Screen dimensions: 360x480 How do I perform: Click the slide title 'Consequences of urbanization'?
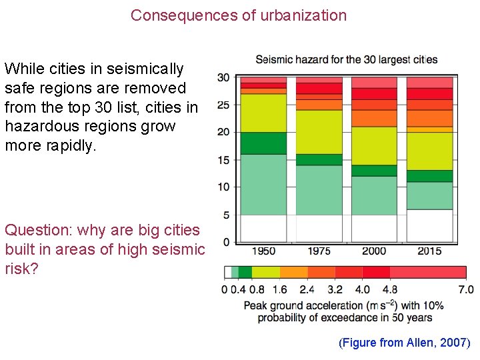(239, 15)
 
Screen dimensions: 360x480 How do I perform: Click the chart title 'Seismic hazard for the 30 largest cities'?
(347, 59)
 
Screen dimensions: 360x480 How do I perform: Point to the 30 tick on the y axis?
(223, 77)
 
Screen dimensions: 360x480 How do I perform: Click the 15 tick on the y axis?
(223, 160)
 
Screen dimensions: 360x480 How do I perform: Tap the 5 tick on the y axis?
(227, 215)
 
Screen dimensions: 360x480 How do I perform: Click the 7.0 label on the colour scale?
(465, 289)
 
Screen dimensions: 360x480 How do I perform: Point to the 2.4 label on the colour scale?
(307, 289)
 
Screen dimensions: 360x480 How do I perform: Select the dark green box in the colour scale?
(245, 272)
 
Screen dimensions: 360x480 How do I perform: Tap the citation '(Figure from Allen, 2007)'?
(405, 343)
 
